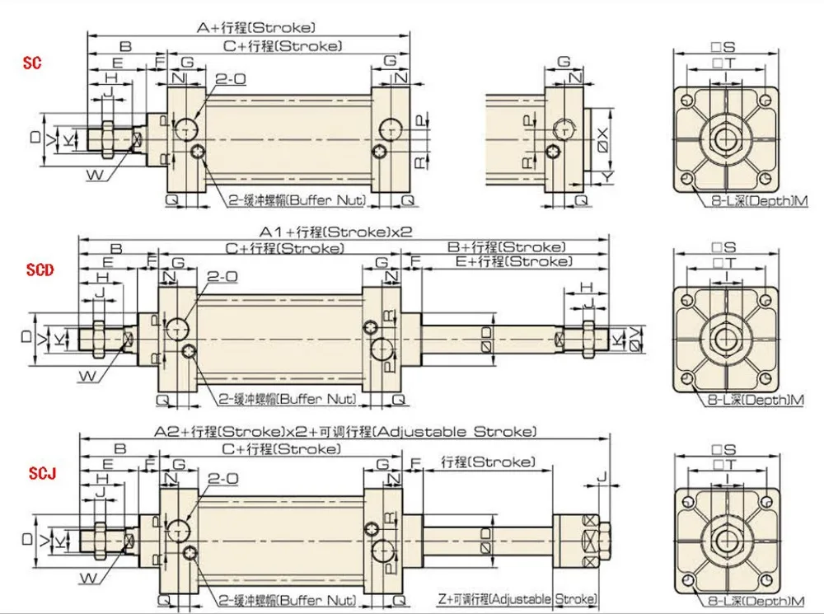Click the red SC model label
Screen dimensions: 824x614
(x=32, y=63)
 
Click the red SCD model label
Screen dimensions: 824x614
(x=40, y=270)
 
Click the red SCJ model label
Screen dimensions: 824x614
(x=42, y=473)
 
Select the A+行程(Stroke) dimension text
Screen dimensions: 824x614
(x=256, y=27)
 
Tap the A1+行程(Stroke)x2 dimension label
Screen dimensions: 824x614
(x=336, y=232)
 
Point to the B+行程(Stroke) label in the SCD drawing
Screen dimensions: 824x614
(x=507, y=246)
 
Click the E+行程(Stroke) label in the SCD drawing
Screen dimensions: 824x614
(x=513, y=261)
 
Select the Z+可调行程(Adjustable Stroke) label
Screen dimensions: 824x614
(x=517, y=599)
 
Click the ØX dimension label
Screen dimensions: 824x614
(x=603, y=139)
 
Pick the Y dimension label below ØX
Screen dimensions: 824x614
(x=607, y=176)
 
